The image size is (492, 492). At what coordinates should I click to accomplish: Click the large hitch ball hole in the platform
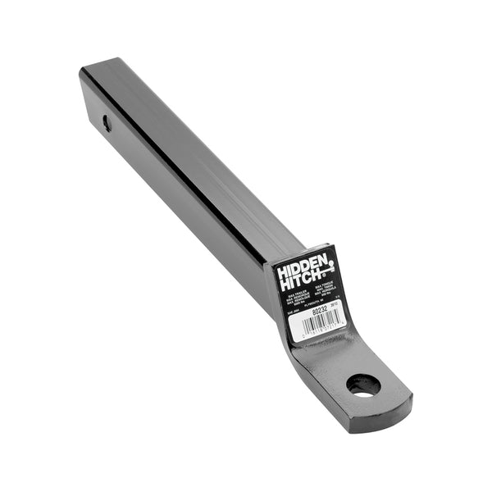pos(363,384)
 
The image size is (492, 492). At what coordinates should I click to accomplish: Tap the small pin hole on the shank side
pos(107,124)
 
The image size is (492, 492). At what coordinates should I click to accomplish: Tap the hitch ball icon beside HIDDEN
pos(331,264)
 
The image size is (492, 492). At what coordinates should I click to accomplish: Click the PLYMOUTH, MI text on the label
pos(312,303)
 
